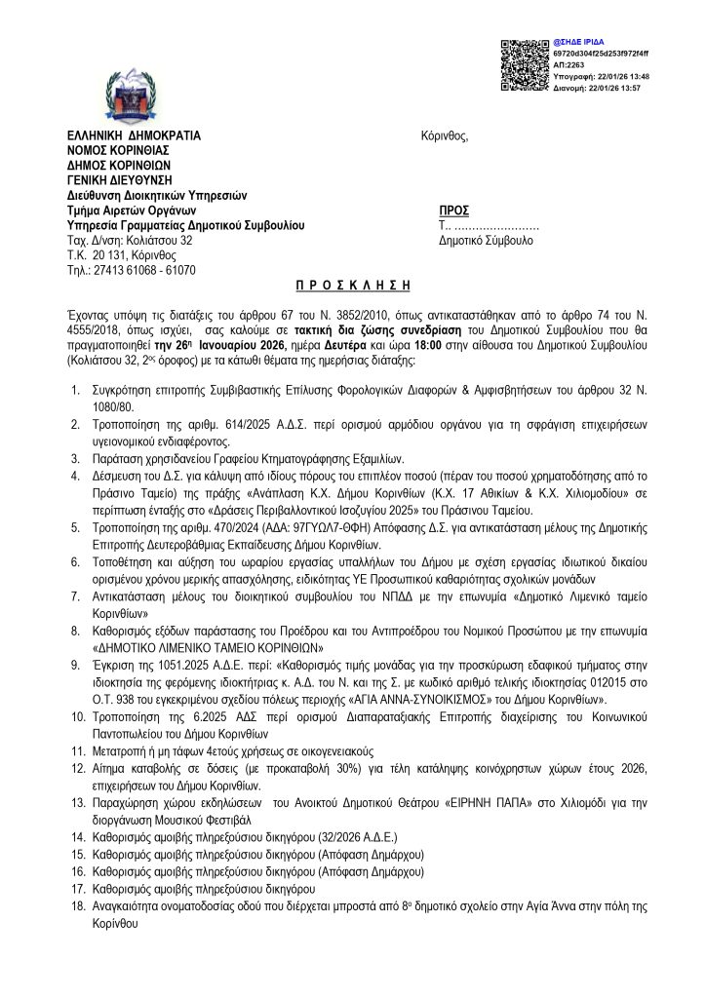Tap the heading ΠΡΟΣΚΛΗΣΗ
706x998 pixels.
point(352,285)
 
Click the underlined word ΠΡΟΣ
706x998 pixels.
point(454,211)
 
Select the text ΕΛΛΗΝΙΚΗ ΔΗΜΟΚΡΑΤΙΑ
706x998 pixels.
point(134,135)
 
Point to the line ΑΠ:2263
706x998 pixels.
point(569,64)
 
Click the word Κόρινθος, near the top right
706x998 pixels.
point(445,135)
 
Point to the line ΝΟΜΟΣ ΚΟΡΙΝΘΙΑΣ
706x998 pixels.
point(118,150)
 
